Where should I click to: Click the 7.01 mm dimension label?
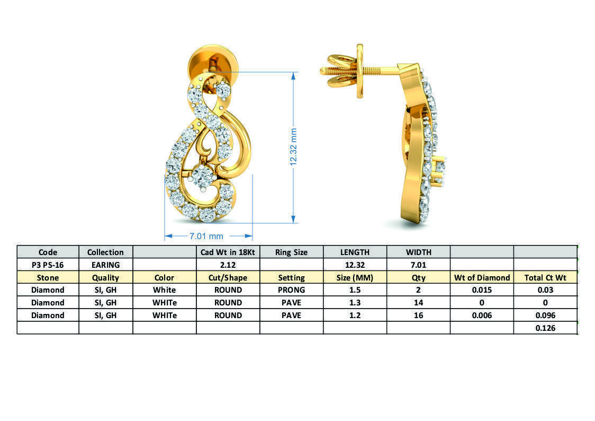point(206,236)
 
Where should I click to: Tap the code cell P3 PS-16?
point(48,265)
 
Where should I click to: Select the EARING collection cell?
point(105,265)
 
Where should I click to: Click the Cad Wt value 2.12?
point(228,265)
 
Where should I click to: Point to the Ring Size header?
point(291,252)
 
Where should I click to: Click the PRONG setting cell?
point(291,290)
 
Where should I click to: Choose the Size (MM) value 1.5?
point(355,290)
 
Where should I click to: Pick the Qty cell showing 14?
point(418,303)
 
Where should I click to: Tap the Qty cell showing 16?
point(418,315)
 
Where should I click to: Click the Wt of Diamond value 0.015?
point(482,290)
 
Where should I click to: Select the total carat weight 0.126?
point(545,328)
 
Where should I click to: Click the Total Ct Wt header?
point(545,277)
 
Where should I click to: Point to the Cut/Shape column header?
point(228,277)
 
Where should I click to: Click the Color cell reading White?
point(164,290)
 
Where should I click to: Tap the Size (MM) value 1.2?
point(355,315)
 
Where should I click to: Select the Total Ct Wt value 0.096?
point(545,315)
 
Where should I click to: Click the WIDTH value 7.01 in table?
point(418,265)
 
